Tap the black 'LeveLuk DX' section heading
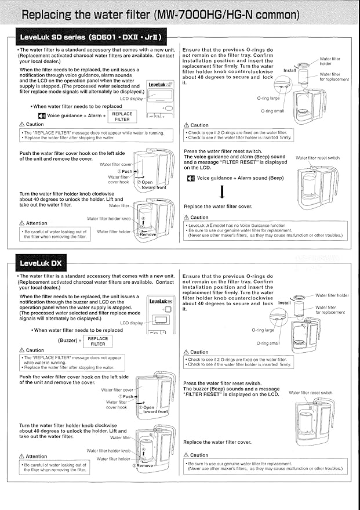(41, 263)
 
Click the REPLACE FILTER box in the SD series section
(122, 116)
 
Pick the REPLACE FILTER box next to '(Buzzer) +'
(98, 341)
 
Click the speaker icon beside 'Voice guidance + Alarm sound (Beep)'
(191, 178)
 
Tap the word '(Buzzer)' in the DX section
(70, 341)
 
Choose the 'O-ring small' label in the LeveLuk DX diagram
(268, 343)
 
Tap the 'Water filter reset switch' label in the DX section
(311, 393)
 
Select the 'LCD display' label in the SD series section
(131, 99)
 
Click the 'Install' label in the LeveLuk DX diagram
(285, 303)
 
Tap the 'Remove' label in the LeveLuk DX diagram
(144, 465)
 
